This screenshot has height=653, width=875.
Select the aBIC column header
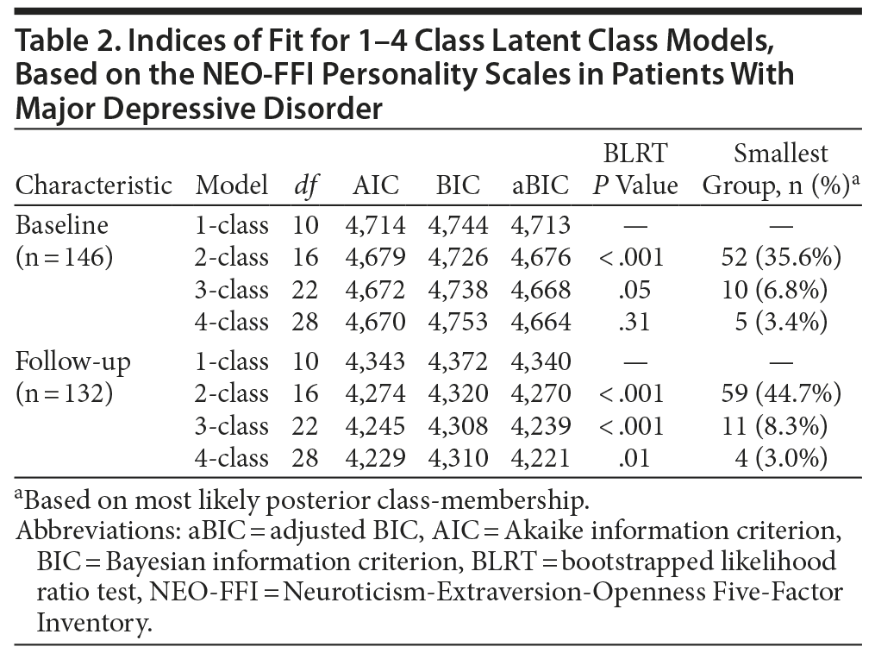tap(541, 185)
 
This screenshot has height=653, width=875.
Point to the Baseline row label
tap(63, 225)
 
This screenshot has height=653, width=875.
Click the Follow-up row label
tap(73, 361)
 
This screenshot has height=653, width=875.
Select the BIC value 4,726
tap(458, 257)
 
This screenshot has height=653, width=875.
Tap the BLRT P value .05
tap(634, 290)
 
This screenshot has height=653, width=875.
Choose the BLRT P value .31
tap(634, 322)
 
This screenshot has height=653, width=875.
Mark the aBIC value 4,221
tap(541, 458)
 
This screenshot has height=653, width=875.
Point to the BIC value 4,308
tap(458, 426)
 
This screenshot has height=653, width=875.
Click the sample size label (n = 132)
tap(65, 393)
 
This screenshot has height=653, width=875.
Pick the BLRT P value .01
tap(634, 458)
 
